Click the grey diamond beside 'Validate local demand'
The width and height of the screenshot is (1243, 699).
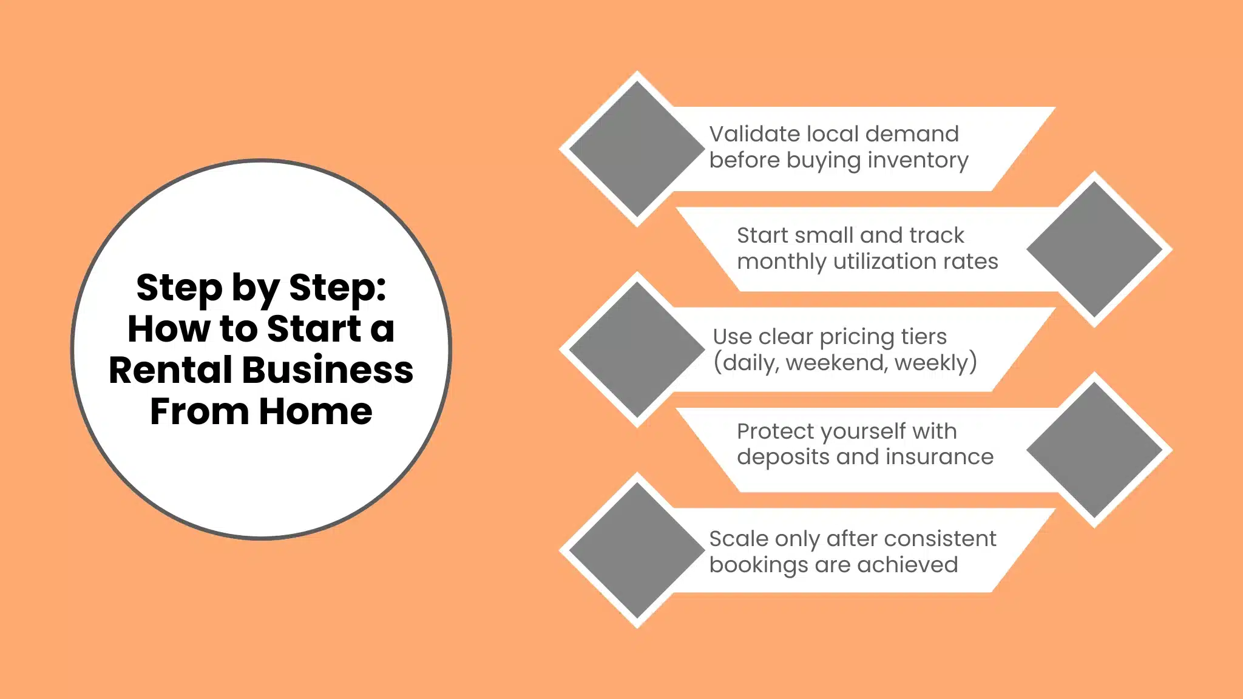pyautogui.click(x=637, y=149)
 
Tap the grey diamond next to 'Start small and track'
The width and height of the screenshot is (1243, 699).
pyautogui.click(x=1094, y=249)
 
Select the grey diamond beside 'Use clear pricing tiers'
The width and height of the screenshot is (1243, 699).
pyautogui.click(x=637, y=349)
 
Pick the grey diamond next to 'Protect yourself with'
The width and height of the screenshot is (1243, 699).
pyautogui.click(x=1094, y=450)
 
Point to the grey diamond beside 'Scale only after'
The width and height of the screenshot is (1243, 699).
pyautogui.click(x=637, y=550)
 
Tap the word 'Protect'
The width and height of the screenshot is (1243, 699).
pyautogui.click(x=774, y=431)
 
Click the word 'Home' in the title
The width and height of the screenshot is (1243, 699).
pyautogui.click(x=316, y=411)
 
